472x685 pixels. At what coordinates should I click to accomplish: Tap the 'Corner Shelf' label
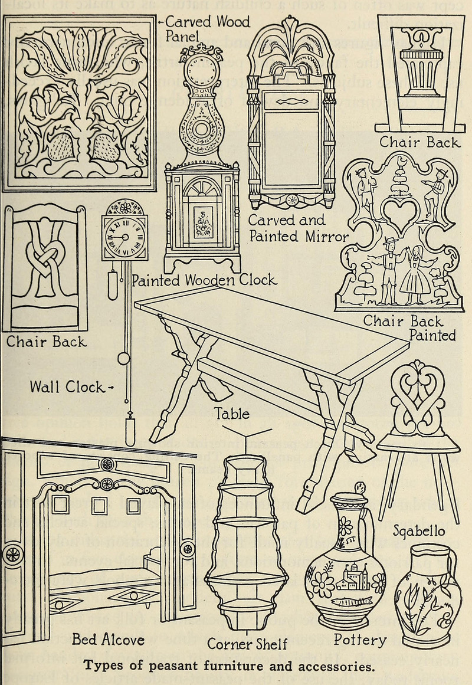[x=247, y=644]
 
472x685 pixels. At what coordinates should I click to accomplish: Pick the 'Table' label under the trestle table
[x=232, y=414]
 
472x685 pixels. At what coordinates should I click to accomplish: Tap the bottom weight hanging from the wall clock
[x=130, y=431]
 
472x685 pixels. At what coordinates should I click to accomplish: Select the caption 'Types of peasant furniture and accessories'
[x=229, y=667]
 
